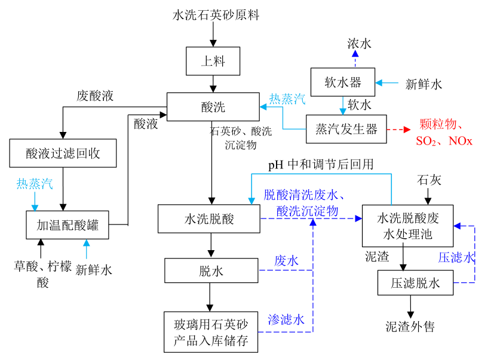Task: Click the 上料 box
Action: [x=213, y=61]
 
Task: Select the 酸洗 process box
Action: [x=213, y=107]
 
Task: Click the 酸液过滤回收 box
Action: [x=63, y=153]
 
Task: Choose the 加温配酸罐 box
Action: [x=67, y=225]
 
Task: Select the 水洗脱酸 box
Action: [x=208, y=219]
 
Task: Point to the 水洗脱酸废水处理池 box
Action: [x=408, y=226]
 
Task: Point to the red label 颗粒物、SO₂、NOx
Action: [x=444, y=133]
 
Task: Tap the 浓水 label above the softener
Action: [x=360, y=44]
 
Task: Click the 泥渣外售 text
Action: [x=410, y=327]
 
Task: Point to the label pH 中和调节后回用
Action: [x=320, y=165]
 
